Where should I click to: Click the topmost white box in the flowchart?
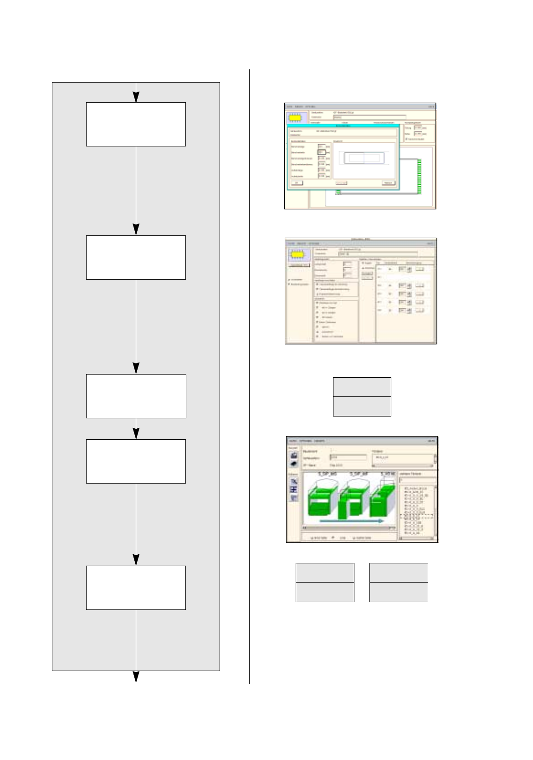coord(136,124)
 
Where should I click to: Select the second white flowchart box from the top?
coord(136,257)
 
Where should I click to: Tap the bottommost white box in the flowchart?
coord(136,588)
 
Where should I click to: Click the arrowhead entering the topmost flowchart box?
coord(136,97)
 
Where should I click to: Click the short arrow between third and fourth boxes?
coord(136,433)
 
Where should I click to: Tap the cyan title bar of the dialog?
coord(343,126)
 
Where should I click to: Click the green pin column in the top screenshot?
coord(419,176)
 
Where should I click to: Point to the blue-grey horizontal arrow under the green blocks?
coord(351,521)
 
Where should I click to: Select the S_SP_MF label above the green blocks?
coord(359,474)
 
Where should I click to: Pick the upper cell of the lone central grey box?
coord(362,387)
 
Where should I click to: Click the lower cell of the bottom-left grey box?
coord(325,592)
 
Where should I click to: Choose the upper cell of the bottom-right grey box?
coord(399,573)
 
